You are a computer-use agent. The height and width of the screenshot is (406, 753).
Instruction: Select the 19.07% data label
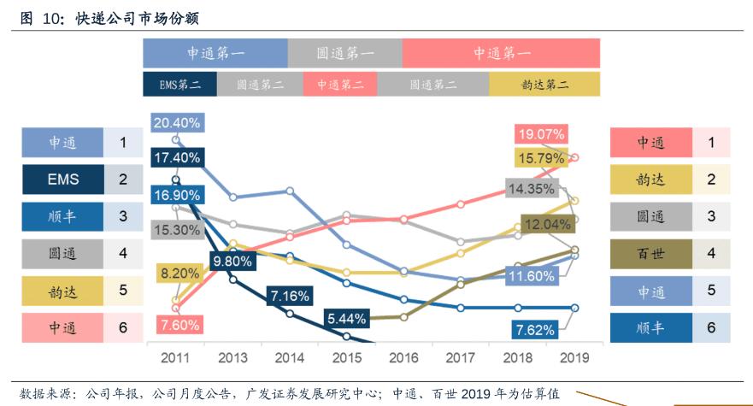pyautogui.click(x=541, y=133)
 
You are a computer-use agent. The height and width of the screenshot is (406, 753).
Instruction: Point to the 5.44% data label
pyautogui.click(x=346, y=319)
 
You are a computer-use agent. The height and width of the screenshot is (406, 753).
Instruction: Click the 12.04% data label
pyautogui.click(x=544, y=224)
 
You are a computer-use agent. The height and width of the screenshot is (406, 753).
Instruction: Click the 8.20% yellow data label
pyautogui.click(x=179, y=274)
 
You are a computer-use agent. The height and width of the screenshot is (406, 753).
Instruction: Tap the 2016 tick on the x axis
pyautogui.click(x=403, y=356)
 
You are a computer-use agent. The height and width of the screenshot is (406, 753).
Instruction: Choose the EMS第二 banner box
pyautogui.click(x=179, y=84)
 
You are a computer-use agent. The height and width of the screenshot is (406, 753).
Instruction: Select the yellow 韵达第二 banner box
pyautogui.click(x=544, y=84)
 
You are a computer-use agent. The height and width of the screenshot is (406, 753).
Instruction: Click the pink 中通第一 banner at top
pyautogui.click(x=502, y=53)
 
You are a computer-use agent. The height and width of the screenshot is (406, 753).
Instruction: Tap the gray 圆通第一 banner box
pyautogui.click(x=344, y=53)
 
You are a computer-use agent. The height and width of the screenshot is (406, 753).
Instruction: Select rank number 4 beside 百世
pyautogui.click(x=711, y=254)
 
